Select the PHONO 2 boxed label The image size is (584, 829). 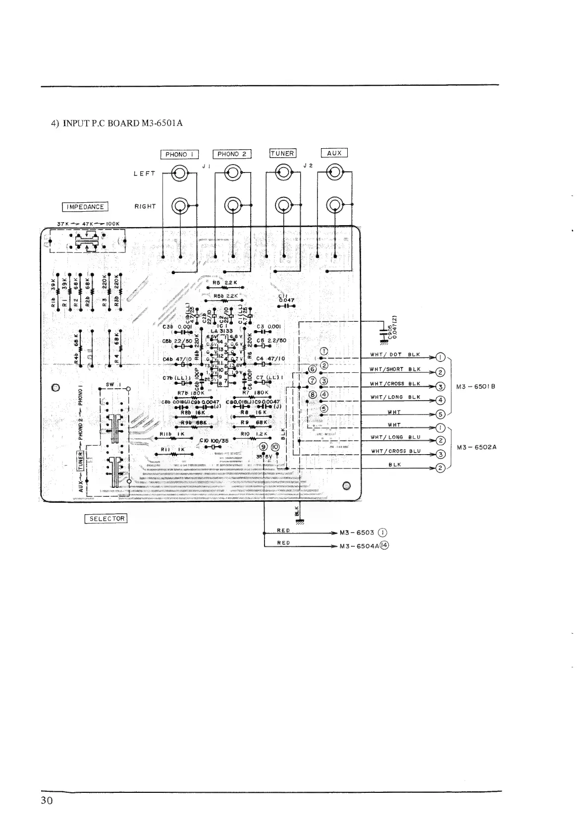232,154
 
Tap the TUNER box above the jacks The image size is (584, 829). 282,153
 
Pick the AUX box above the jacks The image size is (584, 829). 334,153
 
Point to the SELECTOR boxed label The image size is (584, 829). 106,519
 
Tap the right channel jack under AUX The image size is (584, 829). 335,205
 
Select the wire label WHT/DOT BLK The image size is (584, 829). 395,355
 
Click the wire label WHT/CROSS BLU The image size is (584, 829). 396,451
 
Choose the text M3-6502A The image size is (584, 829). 477,447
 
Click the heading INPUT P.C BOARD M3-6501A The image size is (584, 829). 117,123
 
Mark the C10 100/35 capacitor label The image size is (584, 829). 213,440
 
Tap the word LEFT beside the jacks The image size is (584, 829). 144,174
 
